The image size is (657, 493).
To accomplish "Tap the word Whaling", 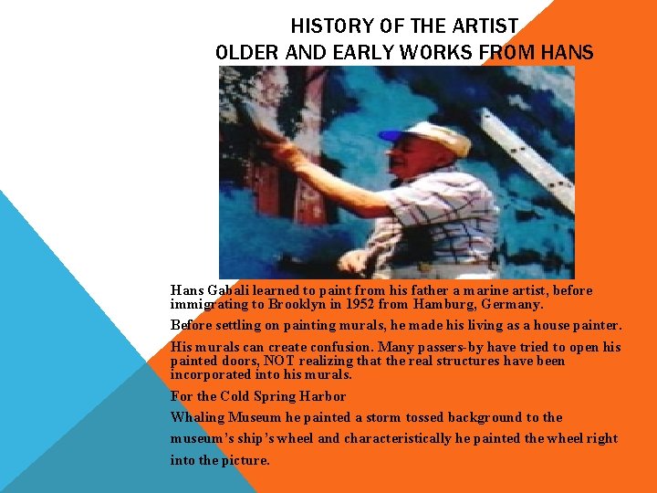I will (198, 417).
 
